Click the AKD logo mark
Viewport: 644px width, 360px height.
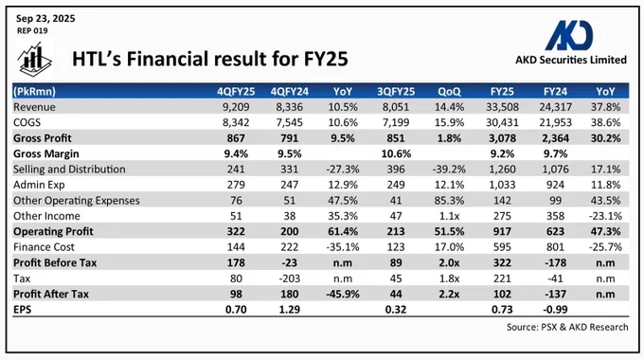tap(569, 35)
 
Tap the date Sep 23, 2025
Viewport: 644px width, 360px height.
tap(45, 19)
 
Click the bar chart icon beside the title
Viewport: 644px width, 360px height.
tap(34, 59)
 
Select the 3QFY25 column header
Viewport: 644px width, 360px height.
tap(396, 91)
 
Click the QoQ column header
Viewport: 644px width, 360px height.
tap(449, 91)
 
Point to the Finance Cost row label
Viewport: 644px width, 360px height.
tap(44, 247)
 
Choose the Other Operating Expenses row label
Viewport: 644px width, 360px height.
tap(77, 201)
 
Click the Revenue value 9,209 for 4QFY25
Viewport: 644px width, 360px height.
tap(236, 107)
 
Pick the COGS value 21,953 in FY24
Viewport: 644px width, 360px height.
tap(555, 122)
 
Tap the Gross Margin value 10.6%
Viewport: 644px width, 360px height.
tap(396, 153)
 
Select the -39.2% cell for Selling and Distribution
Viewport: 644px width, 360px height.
tap(449, 170)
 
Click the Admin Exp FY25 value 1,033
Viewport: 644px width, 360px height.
tap(502, 185)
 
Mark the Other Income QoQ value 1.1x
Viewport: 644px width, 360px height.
tap(449, 216)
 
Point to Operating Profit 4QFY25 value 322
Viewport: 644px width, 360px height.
tap(236, 232)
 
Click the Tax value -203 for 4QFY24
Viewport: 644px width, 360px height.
tap(290, 279)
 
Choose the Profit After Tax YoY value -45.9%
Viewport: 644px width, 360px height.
tap(343, 295)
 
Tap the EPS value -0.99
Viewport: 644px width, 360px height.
tap(555, 310)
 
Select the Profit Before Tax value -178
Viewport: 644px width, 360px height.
tap(555, 263)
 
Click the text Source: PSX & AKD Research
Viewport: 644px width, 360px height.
tap(567, 327)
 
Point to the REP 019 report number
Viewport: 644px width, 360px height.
tap(32, 31)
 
